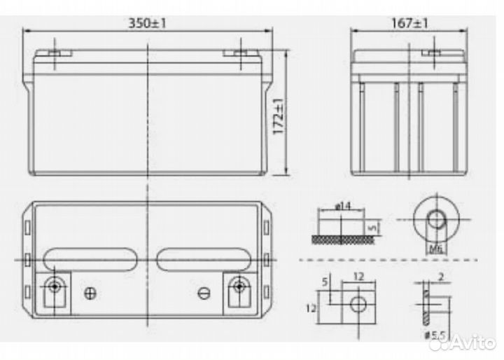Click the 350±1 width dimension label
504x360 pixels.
147,23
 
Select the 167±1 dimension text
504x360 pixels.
408,23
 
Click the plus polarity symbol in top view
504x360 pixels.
89,293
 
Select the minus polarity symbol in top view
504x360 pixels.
204,293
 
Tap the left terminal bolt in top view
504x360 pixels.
54,286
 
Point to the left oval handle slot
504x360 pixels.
90,259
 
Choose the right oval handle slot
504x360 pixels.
203,259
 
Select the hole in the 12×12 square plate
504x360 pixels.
358,303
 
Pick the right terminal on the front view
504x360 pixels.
237,53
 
